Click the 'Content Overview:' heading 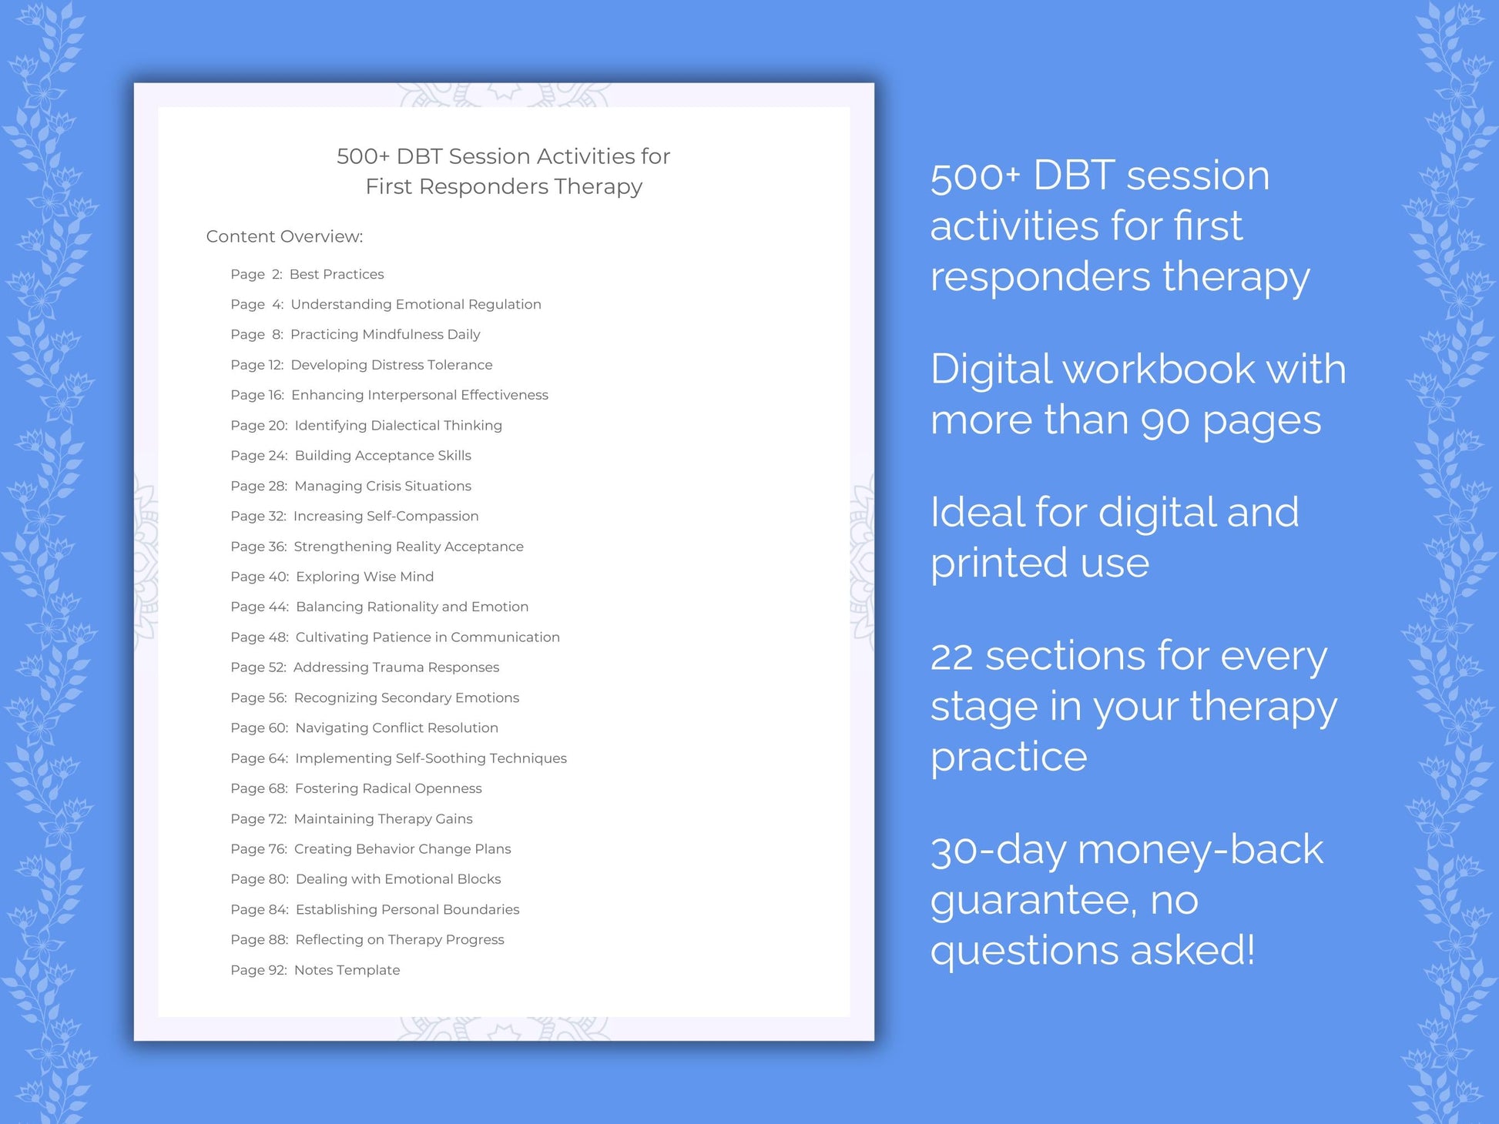pyautogui.click(x=284, y=236)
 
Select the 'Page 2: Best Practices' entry pyautogui.click(x=307, y=274)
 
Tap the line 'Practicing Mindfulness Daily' pyautogui.click(x=385, y=334)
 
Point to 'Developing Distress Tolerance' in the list pyautogui.click(x=391, y=365)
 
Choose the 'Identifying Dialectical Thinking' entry pyautogui.click(x=398, y=425)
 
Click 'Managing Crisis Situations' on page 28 pyautogui.click(x=383, y=486)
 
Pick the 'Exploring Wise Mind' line pyautogui.click(x=364, y=577)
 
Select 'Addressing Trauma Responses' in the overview pyautogui.click(x=396, y=667)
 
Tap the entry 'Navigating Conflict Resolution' pyautogui.click(x=397, y=728)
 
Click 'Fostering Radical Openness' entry pyautogui.click(x=388, y=788)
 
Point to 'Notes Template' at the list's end pyautogui.click(x=347, y=970)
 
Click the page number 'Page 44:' pyautogui.click(x=260, y=607)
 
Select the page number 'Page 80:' pyautogui.click(x=260, y=879)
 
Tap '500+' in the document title pyautogui.click(x=363, y=156)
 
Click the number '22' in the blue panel pyautogui.click(x=951, y=657)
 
